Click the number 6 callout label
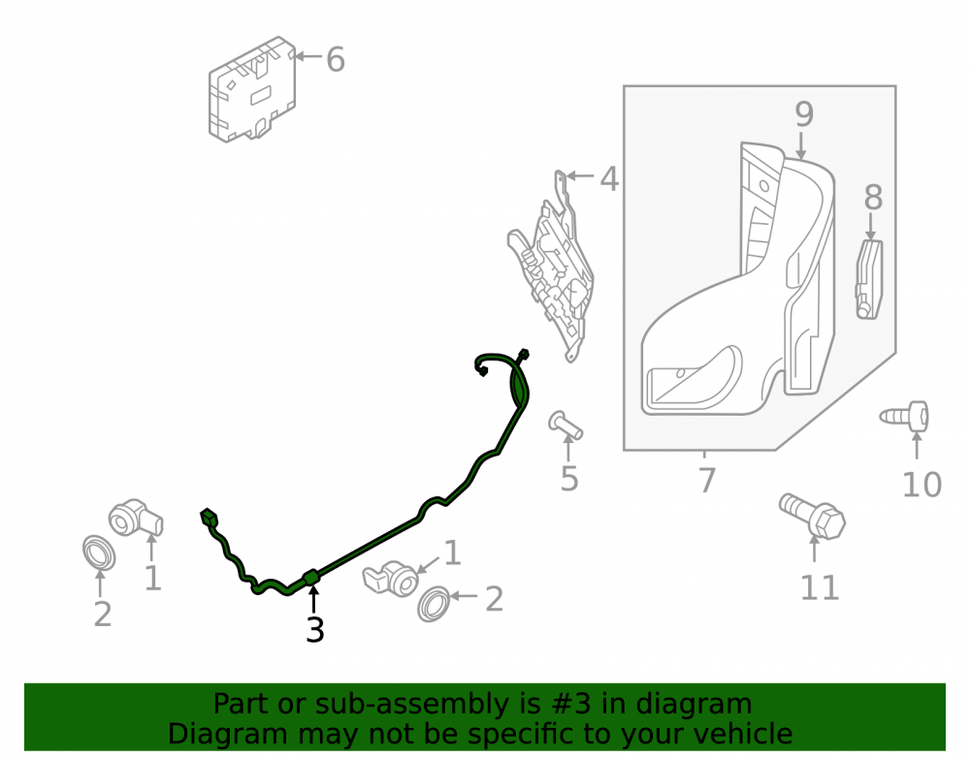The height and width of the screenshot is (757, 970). pyautogui.click(x=336, y=60)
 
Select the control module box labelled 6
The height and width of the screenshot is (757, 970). pyautogui.click(x=252, y=89)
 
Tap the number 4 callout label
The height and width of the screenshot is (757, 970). pyautogui.click(x=609, y=179)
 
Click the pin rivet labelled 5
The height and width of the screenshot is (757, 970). pyautogui.click(x=566, y=426)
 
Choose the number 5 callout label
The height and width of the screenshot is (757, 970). pyautogui.click(x=569, y=479)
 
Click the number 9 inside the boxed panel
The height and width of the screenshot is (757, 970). pyautogui.click(x=804, y=113)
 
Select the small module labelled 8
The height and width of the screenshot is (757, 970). pyautogui.click(x=869, y=279)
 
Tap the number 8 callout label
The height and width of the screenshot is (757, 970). pyautogui.click(x=874, y=198)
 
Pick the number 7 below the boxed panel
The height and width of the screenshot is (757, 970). pyautogui.click(x=707, y=480)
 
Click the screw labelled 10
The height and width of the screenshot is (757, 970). pyautogui.click(x=905, y=417)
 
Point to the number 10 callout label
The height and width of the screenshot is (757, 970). pyautogui.click(x=921, y=485)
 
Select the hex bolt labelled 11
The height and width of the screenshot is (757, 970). pyautogui.click(x=812, y=516)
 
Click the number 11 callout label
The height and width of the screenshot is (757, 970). pyautogui.click(x=820, y=587)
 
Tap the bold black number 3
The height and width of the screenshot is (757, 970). pyautogui.click(x=315, y=630)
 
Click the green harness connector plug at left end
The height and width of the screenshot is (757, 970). pyautogui.click(x=210, y=518)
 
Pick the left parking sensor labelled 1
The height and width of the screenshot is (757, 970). pyautogui.click(x=136, y=518)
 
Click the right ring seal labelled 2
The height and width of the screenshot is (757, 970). pyautogui.click(x=434, y=604)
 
